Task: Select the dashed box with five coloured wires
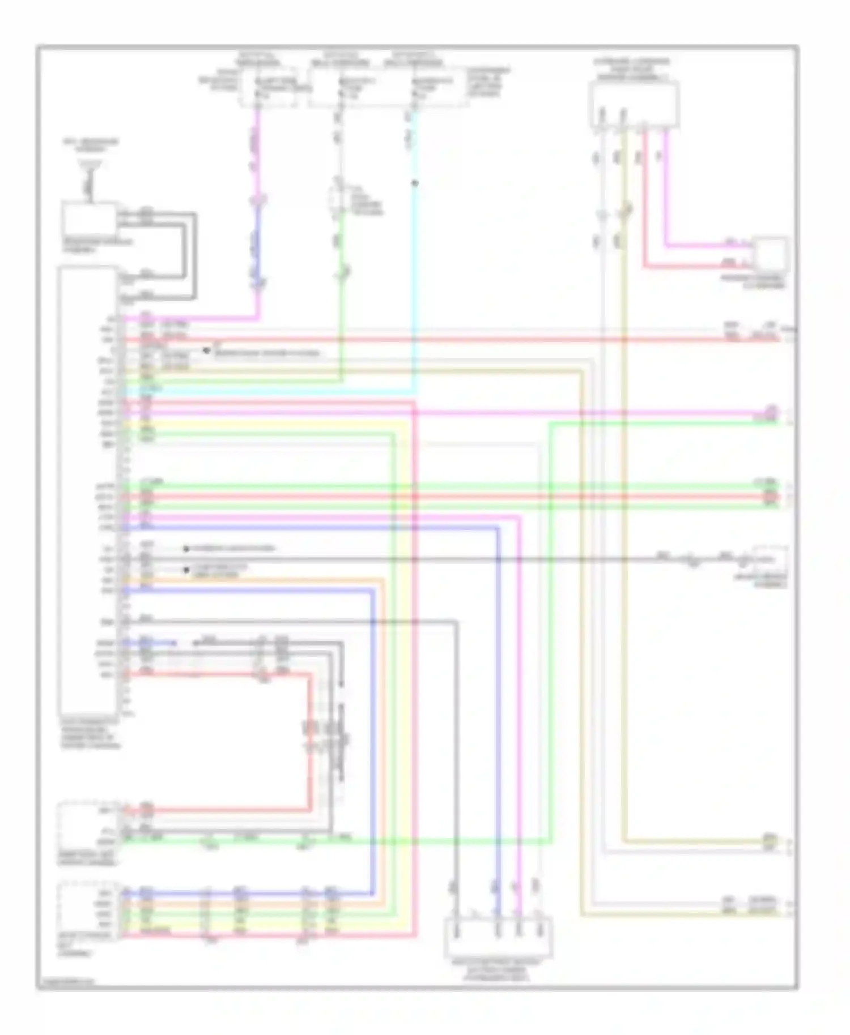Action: click(x=88, y=911)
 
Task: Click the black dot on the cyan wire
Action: click(x=415, y=183)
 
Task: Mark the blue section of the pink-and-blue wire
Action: click(x=258, y=243)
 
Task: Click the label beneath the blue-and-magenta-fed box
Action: click(x=498, y=969)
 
